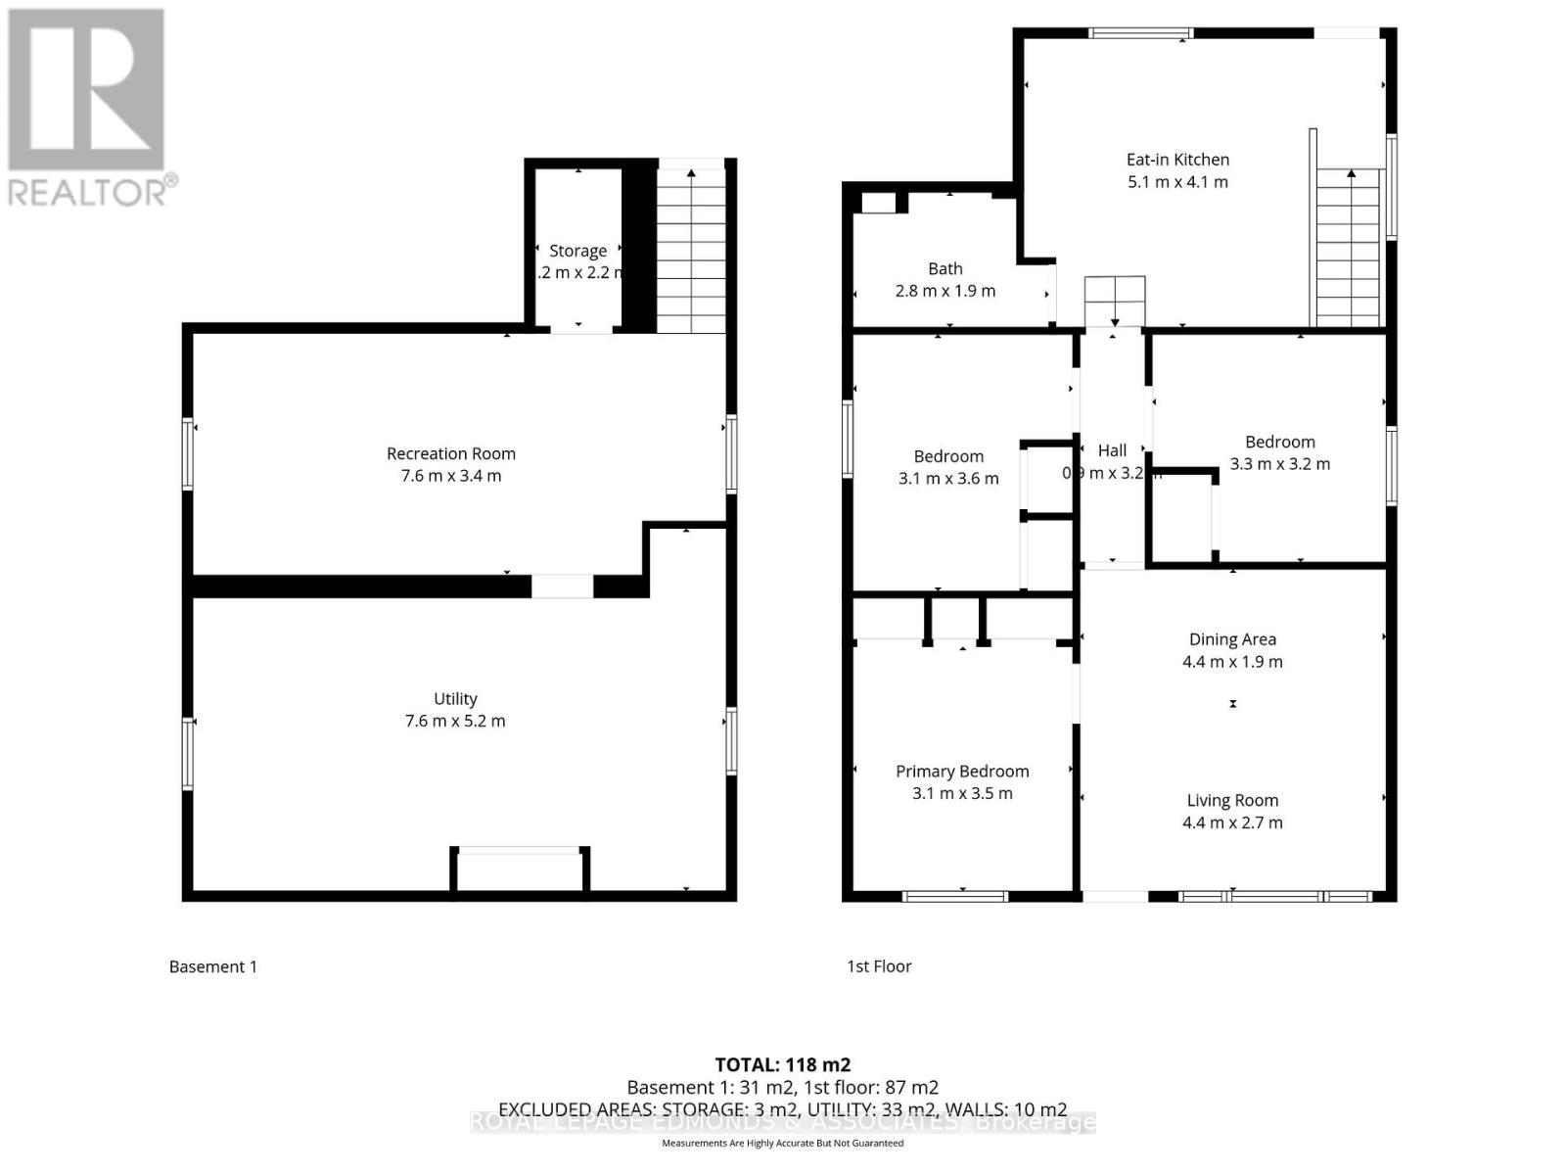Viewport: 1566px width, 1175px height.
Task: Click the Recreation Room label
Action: tap(450, 453)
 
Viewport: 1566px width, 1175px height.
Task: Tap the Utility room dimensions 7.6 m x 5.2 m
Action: tap(455, 722)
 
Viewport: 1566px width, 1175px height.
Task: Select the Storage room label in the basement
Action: tap(577, 251)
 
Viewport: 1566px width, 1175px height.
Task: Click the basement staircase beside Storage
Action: tap(691, 250)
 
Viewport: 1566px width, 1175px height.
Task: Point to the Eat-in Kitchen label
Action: tap(1177, 160)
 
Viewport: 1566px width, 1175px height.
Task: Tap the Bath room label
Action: tap(944, 268)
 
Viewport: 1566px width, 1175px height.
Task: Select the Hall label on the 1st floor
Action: tap(1112, 450)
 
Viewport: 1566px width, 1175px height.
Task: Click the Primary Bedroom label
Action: tap(962, 772)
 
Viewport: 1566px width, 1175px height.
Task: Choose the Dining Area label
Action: tap(1232, 639)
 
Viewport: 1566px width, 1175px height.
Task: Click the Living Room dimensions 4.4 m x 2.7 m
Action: tap(1232, 823)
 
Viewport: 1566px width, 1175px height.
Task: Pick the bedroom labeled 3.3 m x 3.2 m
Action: tap(1279, 453)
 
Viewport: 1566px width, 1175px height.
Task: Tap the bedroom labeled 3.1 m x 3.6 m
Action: tap(948, 468)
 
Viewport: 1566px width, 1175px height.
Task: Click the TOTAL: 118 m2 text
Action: tap(782, 1064)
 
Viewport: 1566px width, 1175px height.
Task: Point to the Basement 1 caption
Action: tap(212, 966)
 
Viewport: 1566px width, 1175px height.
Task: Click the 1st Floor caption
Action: tap(879, 966)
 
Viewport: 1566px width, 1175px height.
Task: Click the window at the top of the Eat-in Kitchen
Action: tap(1135, 33)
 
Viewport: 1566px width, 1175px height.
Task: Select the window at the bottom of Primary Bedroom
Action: tap(954, 895)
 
